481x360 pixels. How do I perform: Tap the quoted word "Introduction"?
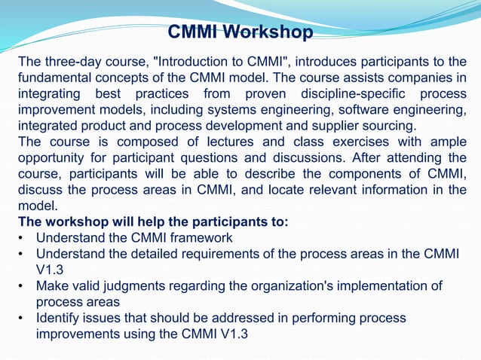click(196, 61)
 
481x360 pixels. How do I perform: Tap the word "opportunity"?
click(54, 157)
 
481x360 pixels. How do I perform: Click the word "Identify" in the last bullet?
click(60, 318)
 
